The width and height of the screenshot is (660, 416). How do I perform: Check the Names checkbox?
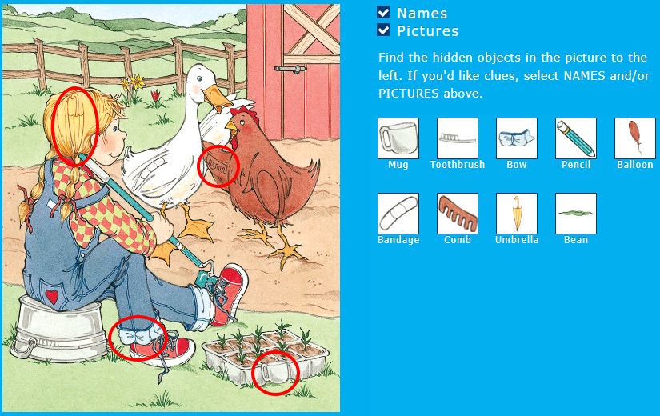click(x=383, y=13)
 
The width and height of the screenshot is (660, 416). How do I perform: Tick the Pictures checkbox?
click(x=383, y=30)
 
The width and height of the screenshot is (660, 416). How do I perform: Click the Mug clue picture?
click(x=398, y=138)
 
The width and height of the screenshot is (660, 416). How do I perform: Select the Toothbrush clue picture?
click(x=458, y=138)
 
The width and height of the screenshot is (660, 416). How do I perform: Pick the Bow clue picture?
click(x=517, y=138)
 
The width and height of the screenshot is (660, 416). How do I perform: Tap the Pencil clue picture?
click(x=576, y=138)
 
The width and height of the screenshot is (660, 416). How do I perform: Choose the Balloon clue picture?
click(x=635, y=138)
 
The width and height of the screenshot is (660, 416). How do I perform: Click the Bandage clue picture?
click(x=398, y=214)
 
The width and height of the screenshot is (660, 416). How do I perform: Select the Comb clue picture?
click(x=458, y=214)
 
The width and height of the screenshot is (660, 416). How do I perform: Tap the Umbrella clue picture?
click(x=517, y=214)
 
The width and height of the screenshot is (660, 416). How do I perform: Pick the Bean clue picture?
click(x=576, y=214)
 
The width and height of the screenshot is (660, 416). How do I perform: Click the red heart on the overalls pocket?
click(x=52, y=297)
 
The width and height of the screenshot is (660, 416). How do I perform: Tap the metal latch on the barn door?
click(x=290, y=69)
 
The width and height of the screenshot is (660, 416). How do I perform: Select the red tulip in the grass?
click(x=156, y=95)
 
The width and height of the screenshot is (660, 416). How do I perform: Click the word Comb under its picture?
click(x=458, y=240)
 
